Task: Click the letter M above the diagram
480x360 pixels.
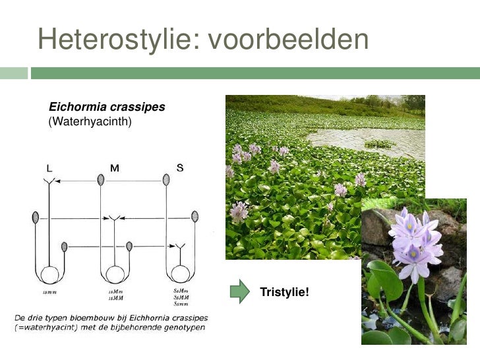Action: pos(114,168)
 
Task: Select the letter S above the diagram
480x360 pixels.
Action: pos(179,167)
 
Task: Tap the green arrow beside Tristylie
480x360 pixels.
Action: pos(240,291)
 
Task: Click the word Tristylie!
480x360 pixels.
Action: pos(284,291)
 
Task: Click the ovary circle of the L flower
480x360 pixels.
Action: pos(49,274)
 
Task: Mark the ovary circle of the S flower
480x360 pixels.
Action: pos(179,274)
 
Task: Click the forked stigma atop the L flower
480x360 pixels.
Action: pos(47,181)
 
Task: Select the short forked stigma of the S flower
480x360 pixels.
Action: pos(179,248)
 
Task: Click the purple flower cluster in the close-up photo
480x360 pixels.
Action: pos(415,241)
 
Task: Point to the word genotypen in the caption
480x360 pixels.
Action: pos(181,327)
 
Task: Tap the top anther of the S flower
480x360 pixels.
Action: pos(166,179)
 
